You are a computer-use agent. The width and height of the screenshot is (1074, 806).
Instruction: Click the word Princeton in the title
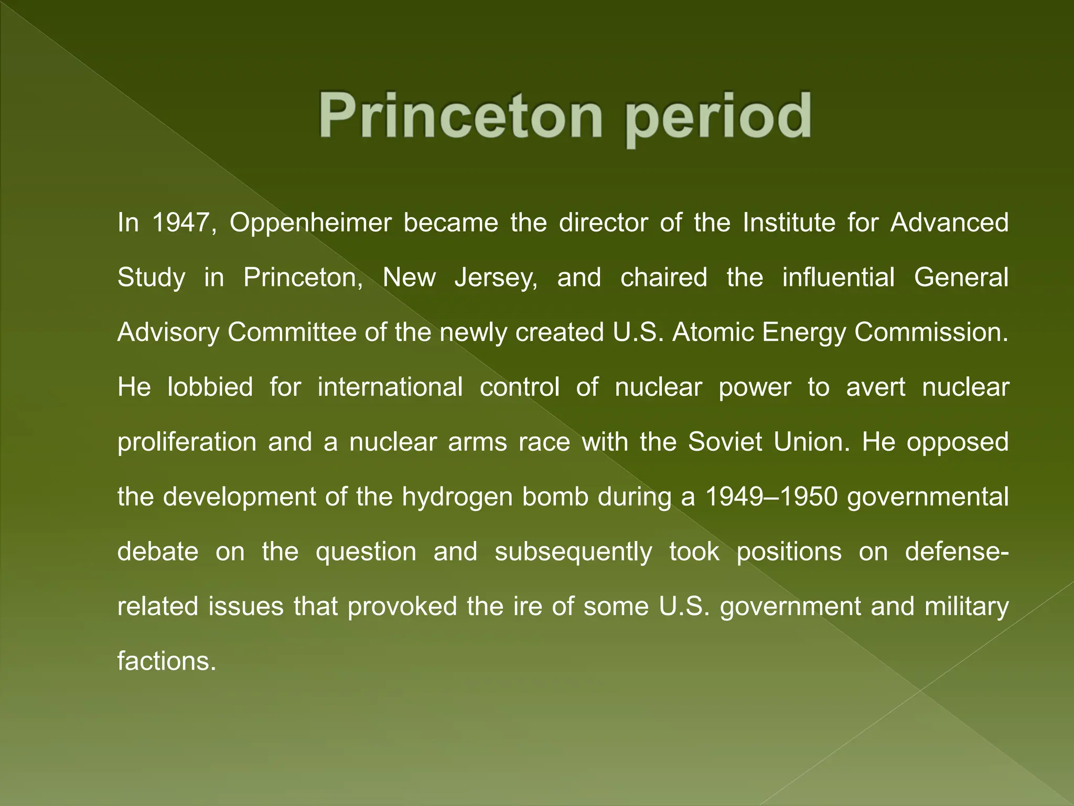pyautogui.click(x=460, y=115)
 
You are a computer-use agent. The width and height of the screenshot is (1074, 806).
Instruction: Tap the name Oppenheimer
pyautogui.click(x=310, y=224)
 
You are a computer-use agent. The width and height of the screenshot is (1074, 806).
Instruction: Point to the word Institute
pyautogui.click(x=789, y=222)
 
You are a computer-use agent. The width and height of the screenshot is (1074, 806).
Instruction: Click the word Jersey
pyautogui.click(x=496, y=278)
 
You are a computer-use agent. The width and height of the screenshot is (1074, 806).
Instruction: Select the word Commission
pyautogui.click(x=931, y=332)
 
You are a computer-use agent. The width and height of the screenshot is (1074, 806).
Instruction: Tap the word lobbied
pyautogui.click(x=210, y=387)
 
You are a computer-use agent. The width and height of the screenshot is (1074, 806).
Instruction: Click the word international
pyautogui.click(x=390, y=387)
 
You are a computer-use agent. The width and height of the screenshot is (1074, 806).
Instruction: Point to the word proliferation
pyautogui.click(x=187, y=442)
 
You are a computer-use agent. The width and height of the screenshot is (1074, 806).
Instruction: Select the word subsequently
pyautogui.click(x=573, y=553)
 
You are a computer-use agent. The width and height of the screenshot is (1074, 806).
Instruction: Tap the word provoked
pyautogui.click(x=402, y=607)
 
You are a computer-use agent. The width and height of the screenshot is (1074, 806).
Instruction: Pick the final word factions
pyautogui.click(x=166, y=661)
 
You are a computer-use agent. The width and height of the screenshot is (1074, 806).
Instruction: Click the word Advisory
pyautogui.click(x=168, y=333)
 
